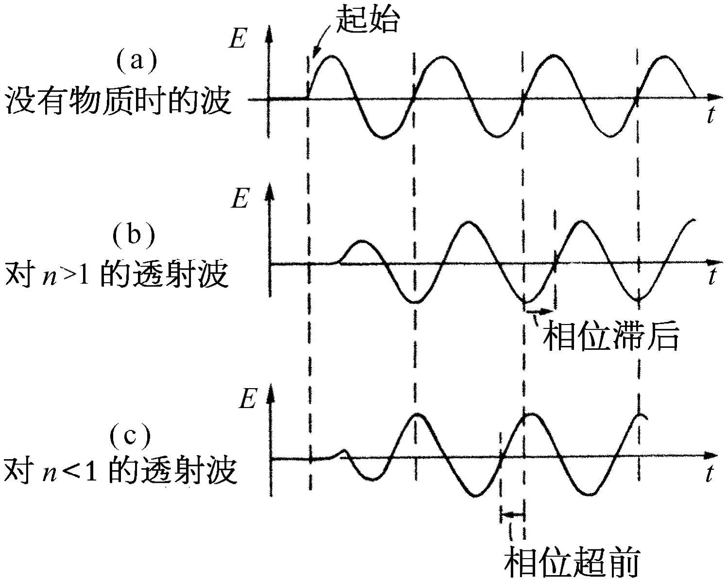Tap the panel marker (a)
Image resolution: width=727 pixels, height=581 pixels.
pyautogui.click(x=136, y=61)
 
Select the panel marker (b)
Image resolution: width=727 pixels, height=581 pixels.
pyautogui.click(x=134, y=235)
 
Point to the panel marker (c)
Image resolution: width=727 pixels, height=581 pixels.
pyautogui.click(x=130, y=436)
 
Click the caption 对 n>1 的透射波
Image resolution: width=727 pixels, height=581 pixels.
pyautogui.click(x=117, y=275)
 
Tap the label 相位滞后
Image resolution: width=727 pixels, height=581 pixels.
pyautogui.click(x=610, y=336)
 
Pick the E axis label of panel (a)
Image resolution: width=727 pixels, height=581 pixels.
pyautogui.click(x=237, y=40)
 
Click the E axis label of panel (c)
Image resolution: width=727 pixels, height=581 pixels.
pyautogui.click(x=247, y=400)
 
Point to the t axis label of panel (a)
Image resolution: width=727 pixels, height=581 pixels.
pyautogui.click(x=710, y=116)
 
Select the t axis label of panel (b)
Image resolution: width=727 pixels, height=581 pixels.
pyautogui.click(x=712, y=276)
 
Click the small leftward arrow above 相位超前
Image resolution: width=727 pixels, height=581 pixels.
pyautogui.click(x=512, y=514)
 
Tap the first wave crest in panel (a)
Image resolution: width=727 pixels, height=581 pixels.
pyautogui.click(x=332, y=57)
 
